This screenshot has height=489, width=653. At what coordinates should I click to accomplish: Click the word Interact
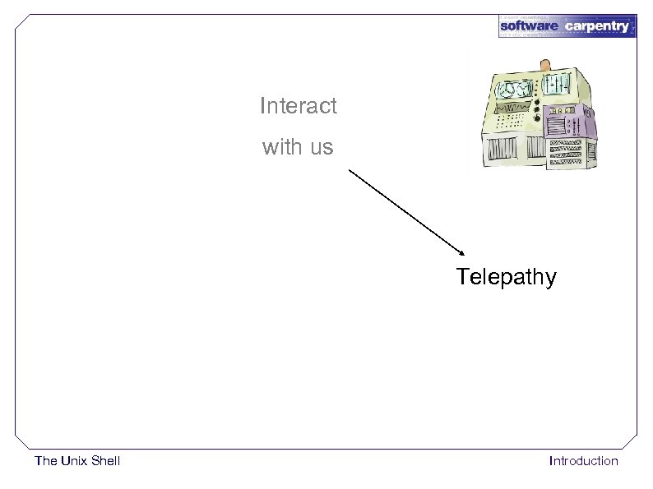click(x=298, y=106)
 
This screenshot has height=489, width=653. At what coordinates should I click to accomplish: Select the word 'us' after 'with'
click(x=321, y=149)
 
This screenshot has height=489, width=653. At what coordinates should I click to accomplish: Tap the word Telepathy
click(x=506, y=277)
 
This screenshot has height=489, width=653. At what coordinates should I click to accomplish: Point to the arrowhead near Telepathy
click(x=461, y=252)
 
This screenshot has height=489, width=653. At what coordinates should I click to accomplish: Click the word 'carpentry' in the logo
click(x=597, y=26)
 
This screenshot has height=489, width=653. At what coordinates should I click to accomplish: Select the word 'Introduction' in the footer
click(x=583, y=461)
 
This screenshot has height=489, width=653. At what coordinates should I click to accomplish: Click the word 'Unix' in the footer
click(x=73, y=461)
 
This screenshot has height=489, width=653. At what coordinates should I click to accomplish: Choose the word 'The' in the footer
click(x=46, y=461)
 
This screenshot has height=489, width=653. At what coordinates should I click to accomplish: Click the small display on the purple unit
click(x=562, y=111)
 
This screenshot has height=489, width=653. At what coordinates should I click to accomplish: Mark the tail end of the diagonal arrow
click(x=349, y=170)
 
